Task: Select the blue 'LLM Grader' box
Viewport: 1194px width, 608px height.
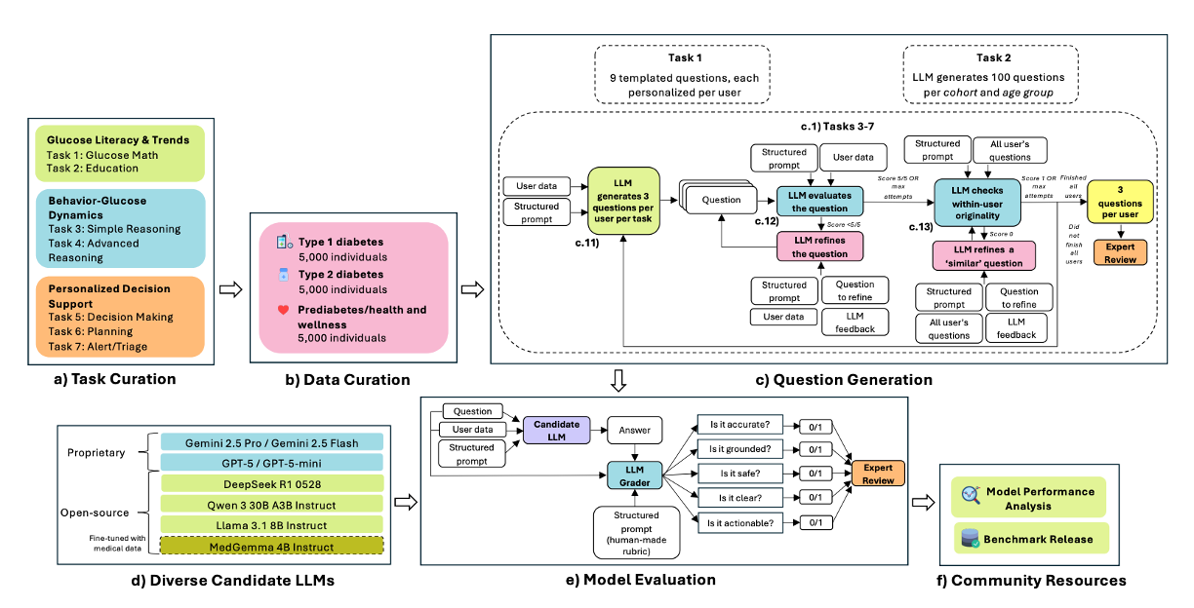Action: pyautogui.click(x=633, y=474)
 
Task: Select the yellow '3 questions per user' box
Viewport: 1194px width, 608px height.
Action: pyautogui.click(x=1120, y=201)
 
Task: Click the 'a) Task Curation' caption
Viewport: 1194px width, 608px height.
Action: pyautogui.click(x=118, y=379)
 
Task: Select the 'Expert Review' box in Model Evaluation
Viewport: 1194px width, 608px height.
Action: pyautogui.click(x=878, y=475)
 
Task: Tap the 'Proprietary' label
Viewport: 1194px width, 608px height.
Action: pyautogui.click(x=96, y=452)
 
